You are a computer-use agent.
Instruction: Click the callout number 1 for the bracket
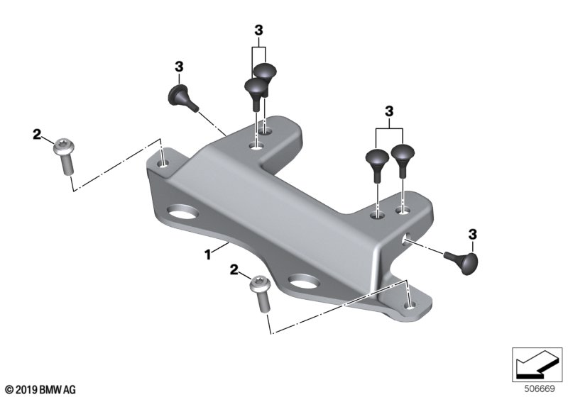[207, 255]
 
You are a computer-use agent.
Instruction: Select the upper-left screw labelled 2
[65, 156]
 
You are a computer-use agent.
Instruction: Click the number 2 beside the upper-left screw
[37, 135]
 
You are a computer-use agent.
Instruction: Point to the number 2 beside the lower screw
[234, 269]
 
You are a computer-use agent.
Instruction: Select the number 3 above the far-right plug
[473, 235]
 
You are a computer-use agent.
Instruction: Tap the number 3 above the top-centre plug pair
[258, 30]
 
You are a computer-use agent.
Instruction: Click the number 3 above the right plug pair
[389, 111]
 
